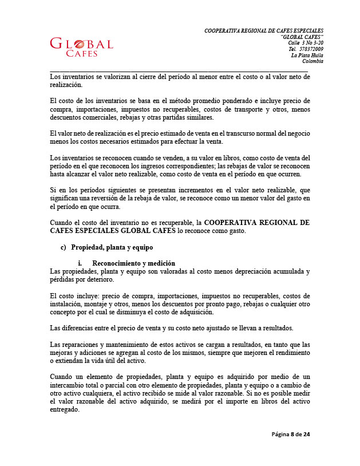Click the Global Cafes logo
click(x=82, y=47)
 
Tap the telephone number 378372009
click(x=311, y=49)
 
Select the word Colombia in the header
click(x=312, y=61)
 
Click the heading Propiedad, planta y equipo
click(x=112, y=248)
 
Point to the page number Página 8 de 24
click(x=291, y=435)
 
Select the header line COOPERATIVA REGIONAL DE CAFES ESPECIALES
click(x=264, y=30)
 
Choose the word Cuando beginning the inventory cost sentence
click(x=63, y=222)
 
